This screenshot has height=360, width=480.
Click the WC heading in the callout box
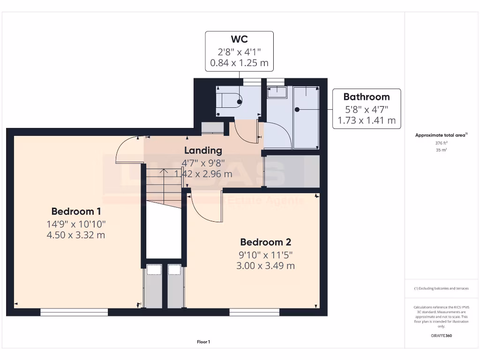[239, 39]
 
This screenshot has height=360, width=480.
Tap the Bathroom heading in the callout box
[366, 97]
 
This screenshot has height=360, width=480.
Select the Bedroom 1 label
[76, 211]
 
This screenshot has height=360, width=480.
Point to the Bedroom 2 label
[265, 242]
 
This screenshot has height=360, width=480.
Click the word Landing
[202, 150]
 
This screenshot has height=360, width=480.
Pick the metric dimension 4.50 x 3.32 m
[75, 235]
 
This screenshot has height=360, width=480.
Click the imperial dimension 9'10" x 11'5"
[265, 255]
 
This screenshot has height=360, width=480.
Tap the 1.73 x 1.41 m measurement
[366, 120]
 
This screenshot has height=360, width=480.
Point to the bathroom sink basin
[277, 91]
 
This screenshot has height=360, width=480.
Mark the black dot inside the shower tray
[297, 110]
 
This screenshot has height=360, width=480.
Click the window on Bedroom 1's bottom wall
[74, 312]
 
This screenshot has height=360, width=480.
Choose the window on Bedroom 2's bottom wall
[254, 312]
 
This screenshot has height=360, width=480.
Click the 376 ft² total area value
[441, 143]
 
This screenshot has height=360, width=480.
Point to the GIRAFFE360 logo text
[441, 336]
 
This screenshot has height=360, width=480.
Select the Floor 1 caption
[203, 342]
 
